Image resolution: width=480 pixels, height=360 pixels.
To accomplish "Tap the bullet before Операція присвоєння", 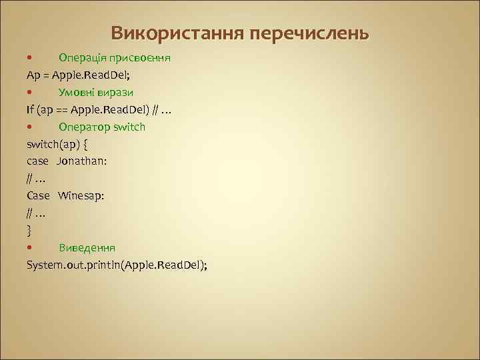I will point(30,57).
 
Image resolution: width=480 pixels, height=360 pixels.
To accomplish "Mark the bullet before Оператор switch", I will point(30,127).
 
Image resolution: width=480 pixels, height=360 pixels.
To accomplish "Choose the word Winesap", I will point(81,196).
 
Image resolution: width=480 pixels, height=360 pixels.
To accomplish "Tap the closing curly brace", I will point(29,231).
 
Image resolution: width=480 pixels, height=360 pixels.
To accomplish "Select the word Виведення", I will point(87,248).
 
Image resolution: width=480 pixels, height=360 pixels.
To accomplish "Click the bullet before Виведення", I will point(30,248).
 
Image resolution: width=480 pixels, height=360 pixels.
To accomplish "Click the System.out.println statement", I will point(117,265).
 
